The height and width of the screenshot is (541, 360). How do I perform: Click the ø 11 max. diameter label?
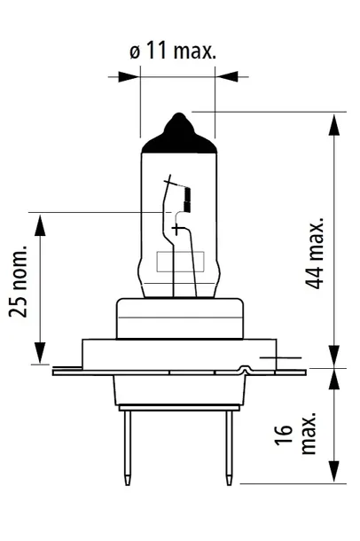pyautogui.click(x=173, y=51)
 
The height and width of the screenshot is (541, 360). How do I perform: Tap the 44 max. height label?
pyautogui.click(x=315, y=253)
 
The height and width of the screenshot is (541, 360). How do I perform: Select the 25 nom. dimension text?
pyautogui.click(x=18, y=281)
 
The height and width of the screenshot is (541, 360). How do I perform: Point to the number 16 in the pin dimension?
pyautogui.click(x=284, y=435)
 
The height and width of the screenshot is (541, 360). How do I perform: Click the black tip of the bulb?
pyautogui.click(x=179, y=135)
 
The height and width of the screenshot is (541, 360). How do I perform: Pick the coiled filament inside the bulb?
pyautogui.click(x=188, y=200)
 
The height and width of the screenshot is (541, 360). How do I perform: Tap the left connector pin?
pyautogui.click(x=128, y=448)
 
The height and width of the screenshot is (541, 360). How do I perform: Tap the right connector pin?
pyautogui.click(x=229, y=448)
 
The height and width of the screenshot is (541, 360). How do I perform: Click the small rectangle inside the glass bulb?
pyautogui.click(x=180, y=261)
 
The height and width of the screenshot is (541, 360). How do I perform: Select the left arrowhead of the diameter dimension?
pyautogui.click(x=129, y=77)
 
